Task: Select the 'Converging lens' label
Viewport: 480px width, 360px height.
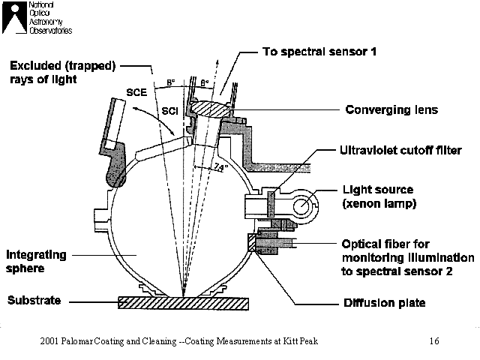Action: tap(391, 109)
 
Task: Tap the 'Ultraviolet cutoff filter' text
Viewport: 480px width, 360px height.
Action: tap(398, 150)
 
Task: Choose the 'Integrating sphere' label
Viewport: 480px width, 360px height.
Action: tap(37, 260)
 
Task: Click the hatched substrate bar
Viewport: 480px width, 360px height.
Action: tap(183, 303)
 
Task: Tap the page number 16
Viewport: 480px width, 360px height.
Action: tap(434, 342)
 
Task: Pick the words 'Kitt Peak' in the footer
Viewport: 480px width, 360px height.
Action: tap(300, 342)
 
